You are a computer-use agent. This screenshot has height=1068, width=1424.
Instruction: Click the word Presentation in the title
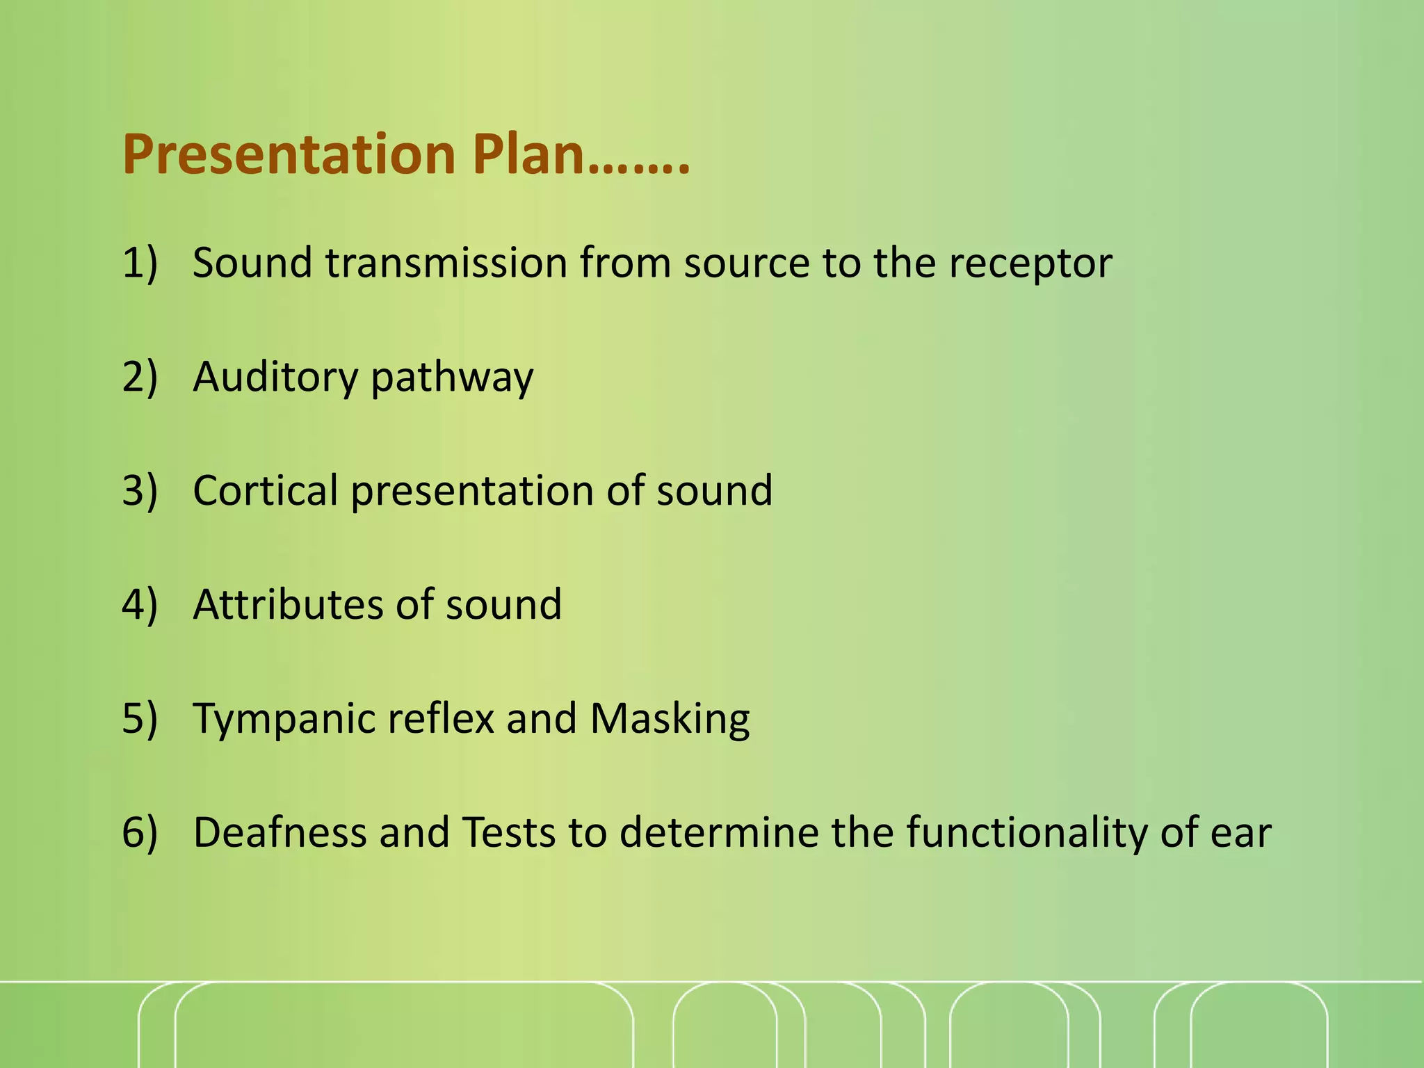click(289, 154)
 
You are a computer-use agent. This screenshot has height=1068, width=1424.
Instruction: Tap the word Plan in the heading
click(528, 154)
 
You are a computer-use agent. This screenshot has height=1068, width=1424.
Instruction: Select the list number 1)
click(140, 264)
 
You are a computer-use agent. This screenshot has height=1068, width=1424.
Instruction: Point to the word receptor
click(1030, 264)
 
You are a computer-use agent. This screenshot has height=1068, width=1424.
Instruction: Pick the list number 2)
click(140, 378)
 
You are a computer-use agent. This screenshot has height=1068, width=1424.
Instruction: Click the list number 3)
click(140, 491)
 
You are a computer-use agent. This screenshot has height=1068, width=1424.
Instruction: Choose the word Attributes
click(288, 604)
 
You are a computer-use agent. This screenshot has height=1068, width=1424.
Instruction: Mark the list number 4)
click(140, 604)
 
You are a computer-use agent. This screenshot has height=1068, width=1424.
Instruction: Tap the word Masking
click(670, 719)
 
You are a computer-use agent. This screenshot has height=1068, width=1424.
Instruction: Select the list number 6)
click(140, 832)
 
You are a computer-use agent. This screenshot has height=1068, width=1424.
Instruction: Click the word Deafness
click(280, 832)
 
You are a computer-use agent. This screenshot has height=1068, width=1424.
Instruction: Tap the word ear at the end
click(1240, 832)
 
